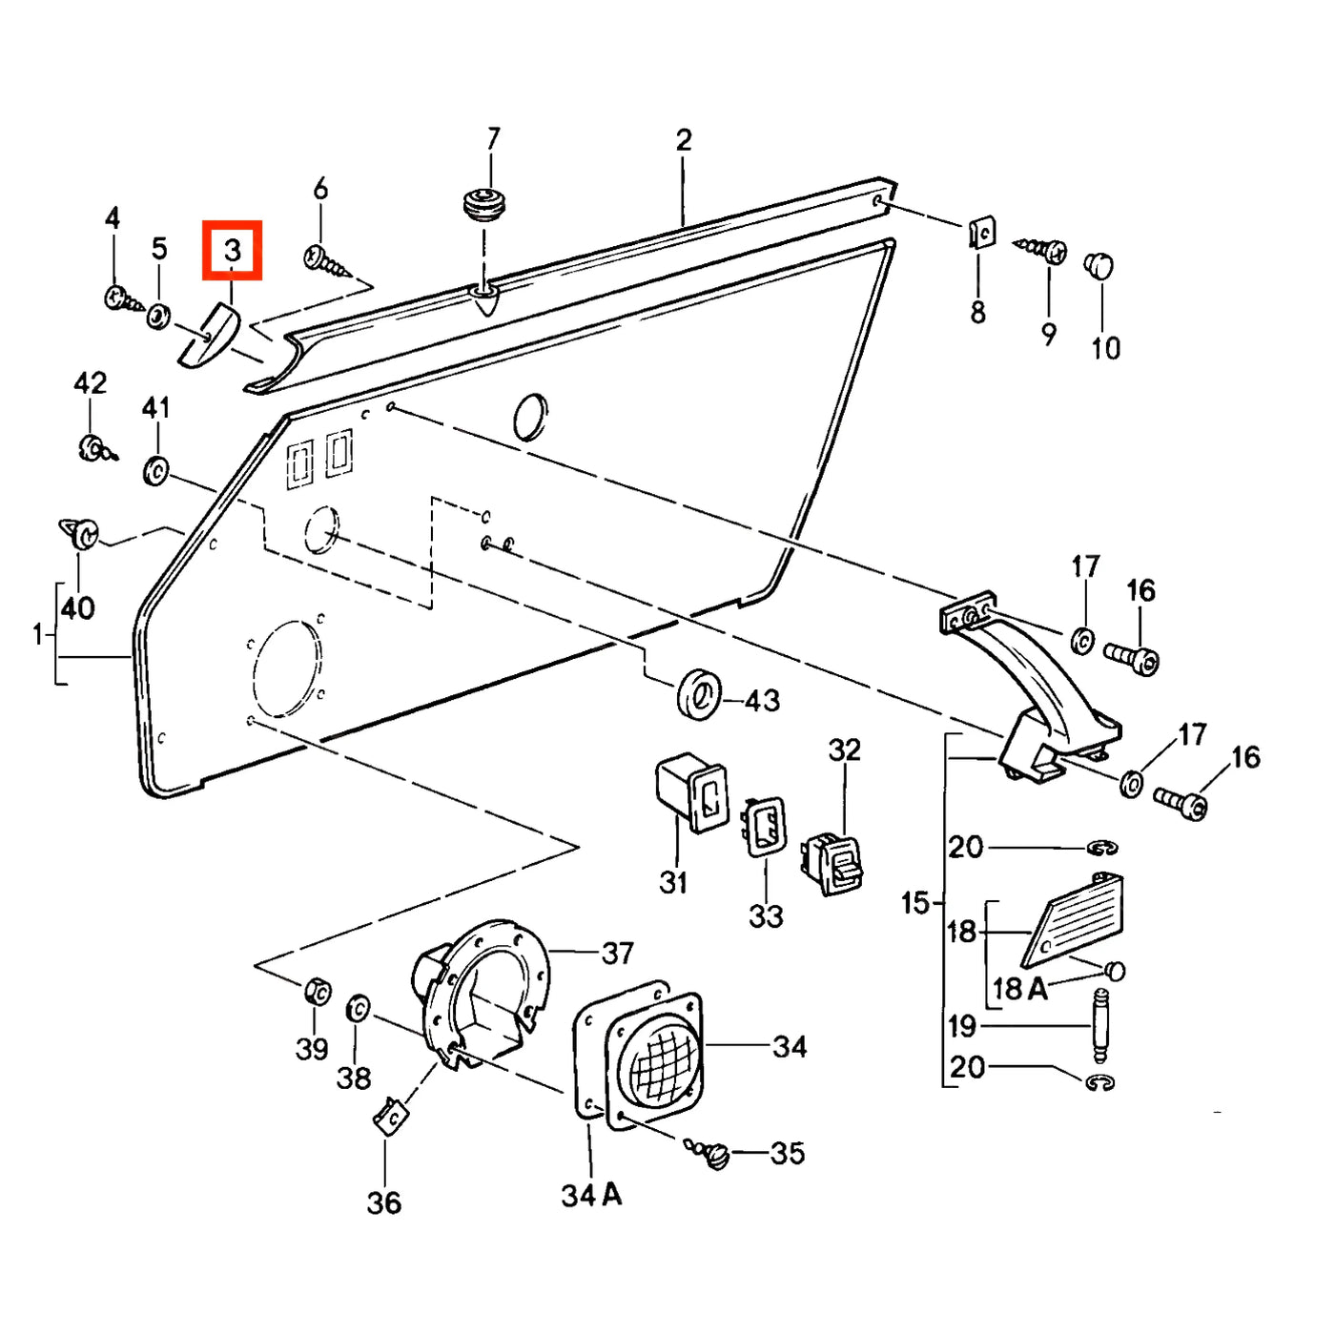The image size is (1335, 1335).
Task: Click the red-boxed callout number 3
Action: click(x=232, y=250)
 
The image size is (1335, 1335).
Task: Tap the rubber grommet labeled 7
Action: click(x=484, y=204)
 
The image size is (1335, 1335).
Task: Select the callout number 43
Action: click(x=762, y=701)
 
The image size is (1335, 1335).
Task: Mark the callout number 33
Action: click(x=766, y=915)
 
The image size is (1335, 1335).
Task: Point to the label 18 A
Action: click(x=1020, y=988)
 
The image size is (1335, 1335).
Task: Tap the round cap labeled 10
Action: click(x=1099, y=265)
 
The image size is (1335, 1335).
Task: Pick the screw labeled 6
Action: click(x=328, y=259)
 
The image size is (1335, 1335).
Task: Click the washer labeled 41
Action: click(x=155, y=471)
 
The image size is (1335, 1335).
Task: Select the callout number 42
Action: click(x=91, y=382)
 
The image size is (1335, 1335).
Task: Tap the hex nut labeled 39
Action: click(x=318, y=991)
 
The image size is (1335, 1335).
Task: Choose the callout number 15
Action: click(x=914, y=903)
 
